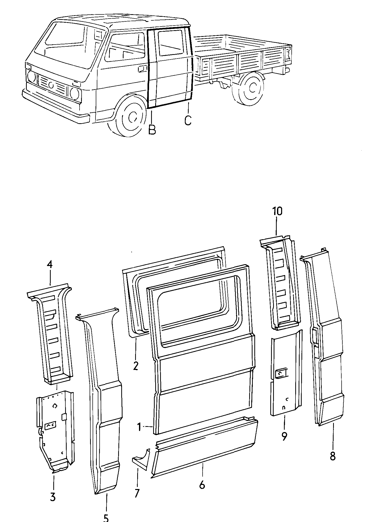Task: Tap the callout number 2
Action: [x=136, y=366]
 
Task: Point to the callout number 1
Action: [x=139, y=427]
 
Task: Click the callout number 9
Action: [x=284, y=436]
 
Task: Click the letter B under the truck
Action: [x=152, y=130]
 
